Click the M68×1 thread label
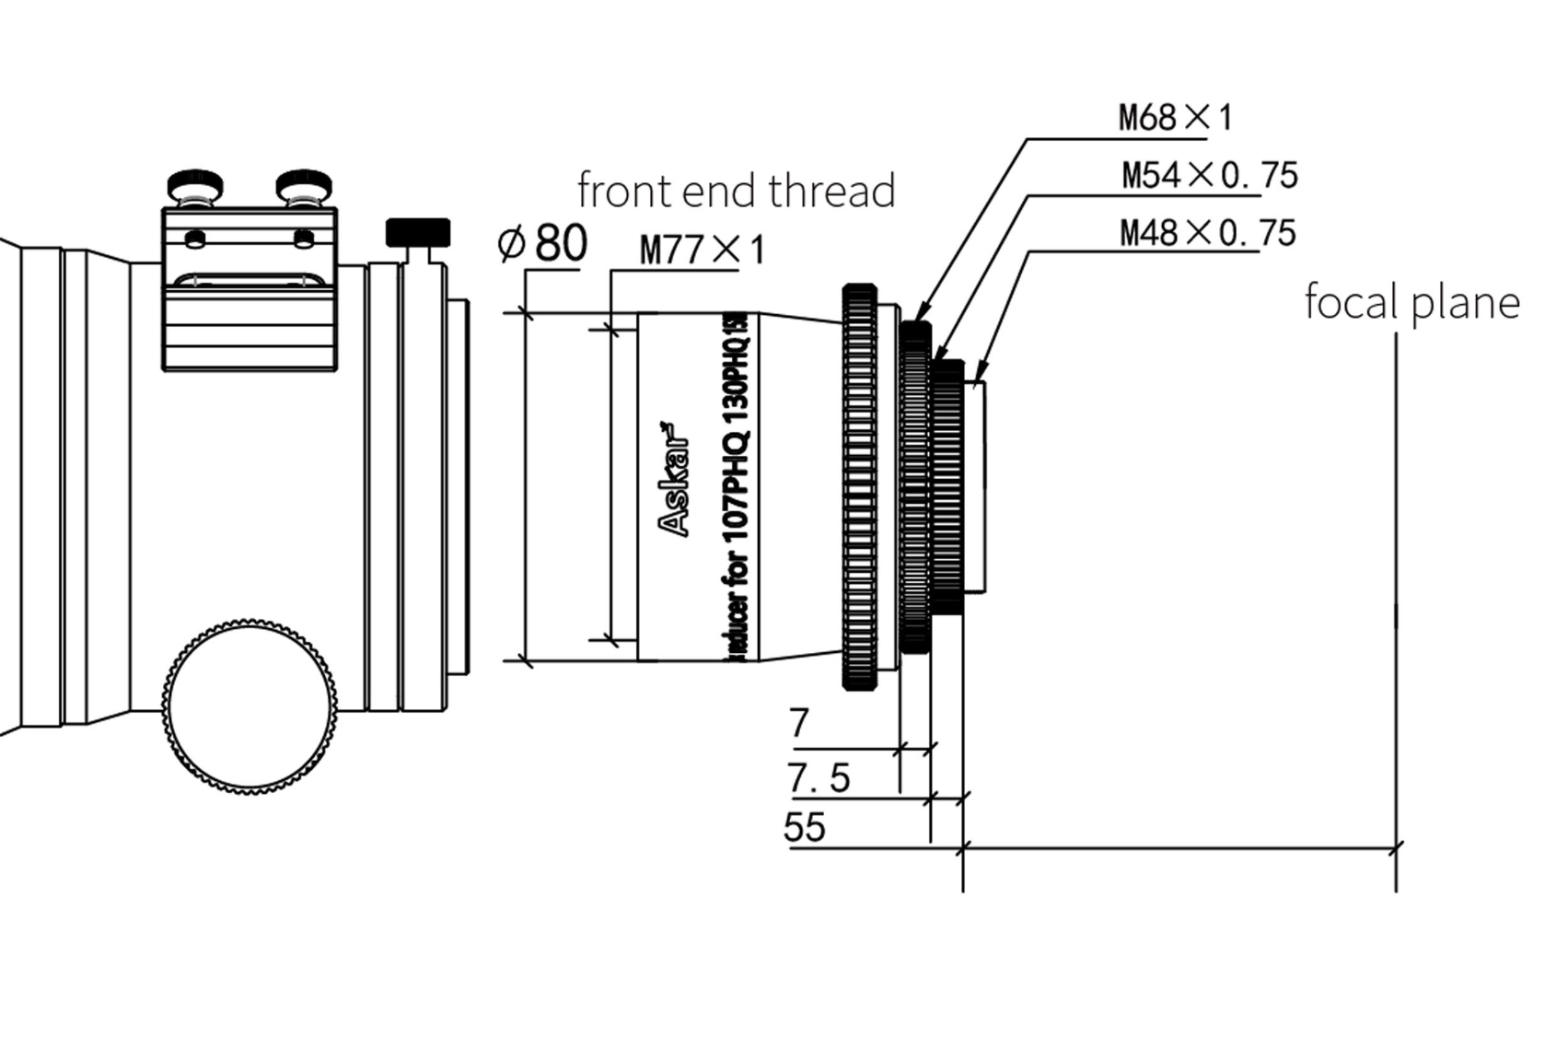[1174, 118]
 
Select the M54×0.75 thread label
[1209, 175]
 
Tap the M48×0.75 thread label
[1207, 233]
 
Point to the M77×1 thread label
[702, 250]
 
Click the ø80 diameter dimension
[542, 244]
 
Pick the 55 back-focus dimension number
[804, 827]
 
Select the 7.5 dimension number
[818, 778]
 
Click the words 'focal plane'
[1411, 302]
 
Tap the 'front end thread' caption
[736, 191]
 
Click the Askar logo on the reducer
[675, 479]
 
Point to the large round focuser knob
[250, 705]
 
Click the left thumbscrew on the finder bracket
[195, 183]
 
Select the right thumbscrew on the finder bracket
[303, 183]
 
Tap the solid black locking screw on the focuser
[417, 231]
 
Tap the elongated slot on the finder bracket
[249, 278]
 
